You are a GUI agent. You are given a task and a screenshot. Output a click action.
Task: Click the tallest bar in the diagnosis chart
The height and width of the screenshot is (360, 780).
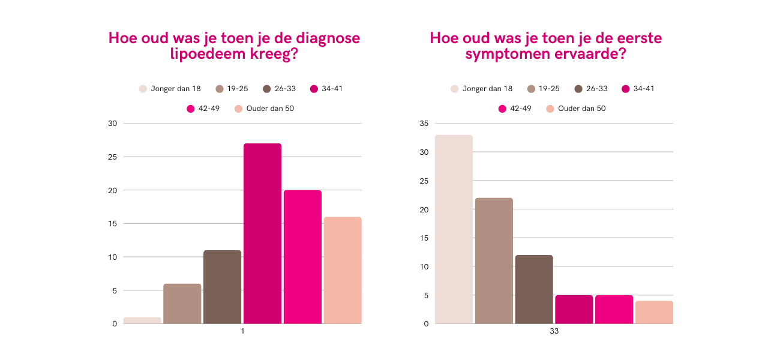262,233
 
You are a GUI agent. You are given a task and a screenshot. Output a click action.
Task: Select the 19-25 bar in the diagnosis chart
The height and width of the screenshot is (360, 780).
182,304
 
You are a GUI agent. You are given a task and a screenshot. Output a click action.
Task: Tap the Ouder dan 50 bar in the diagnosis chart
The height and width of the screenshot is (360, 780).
343,270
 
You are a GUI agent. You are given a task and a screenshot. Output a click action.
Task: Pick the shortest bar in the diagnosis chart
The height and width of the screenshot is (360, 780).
142,320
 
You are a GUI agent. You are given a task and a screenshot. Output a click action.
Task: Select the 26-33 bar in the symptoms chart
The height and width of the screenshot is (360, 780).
534,289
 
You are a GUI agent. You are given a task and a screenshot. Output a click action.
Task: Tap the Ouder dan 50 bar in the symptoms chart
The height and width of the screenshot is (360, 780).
654,312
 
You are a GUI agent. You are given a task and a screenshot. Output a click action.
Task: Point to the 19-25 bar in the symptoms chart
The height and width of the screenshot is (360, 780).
494,260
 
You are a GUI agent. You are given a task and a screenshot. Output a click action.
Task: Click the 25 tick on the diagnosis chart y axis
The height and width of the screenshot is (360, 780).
113,157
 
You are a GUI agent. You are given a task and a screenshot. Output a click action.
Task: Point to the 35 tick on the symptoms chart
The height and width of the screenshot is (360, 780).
424,124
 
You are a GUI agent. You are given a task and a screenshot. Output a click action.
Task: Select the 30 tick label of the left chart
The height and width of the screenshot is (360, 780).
113,124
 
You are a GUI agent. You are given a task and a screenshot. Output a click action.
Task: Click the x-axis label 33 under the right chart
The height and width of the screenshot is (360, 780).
554,332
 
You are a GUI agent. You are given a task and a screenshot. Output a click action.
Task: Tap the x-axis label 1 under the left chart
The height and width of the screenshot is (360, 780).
242,332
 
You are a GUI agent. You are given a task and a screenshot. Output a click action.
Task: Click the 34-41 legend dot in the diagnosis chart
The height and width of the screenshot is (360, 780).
314,89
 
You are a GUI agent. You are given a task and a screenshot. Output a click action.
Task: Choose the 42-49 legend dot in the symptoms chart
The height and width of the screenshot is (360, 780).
502,109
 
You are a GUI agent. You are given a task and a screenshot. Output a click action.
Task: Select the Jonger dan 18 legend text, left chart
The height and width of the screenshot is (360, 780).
176,89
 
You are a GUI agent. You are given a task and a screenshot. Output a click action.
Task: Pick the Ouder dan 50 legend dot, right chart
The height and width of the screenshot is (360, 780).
550,109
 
